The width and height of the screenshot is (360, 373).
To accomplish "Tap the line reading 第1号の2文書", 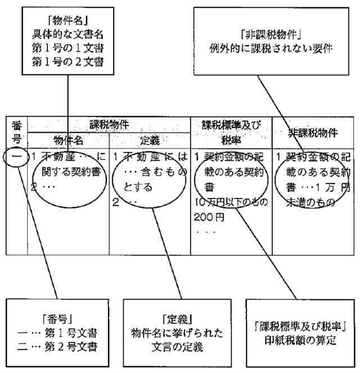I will coord(67,60).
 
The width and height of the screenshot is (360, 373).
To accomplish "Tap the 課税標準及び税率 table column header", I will coord(231,132).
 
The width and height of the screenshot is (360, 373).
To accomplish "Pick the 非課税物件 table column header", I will coord(312,133).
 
